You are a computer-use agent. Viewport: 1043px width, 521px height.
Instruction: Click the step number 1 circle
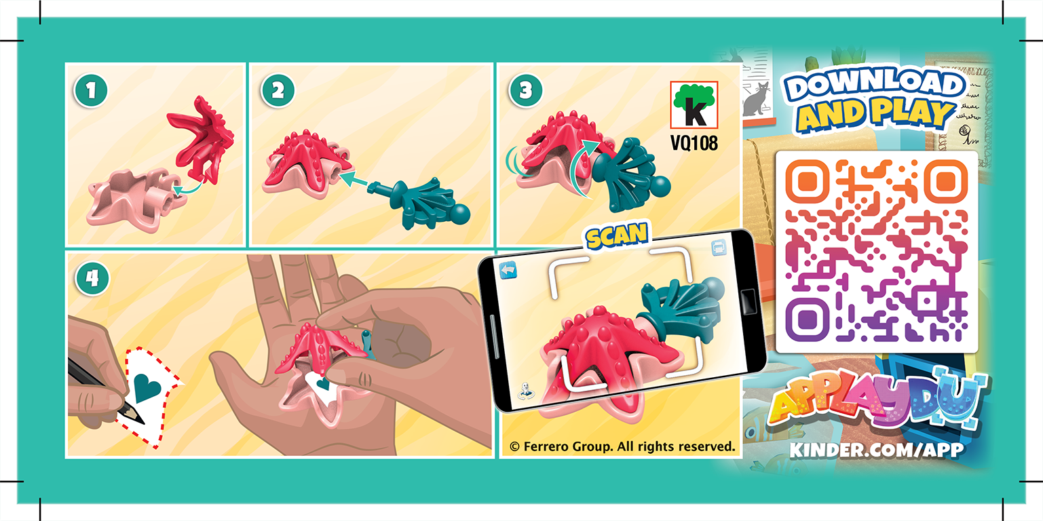click(91, 90)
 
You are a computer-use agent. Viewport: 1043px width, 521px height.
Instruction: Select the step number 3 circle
click(524, 90)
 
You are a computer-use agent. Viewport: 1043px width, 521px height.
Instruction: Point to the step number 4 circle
click(91, 278)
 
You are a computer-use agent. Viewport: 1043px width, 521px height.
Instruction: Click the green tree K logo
click(693, 105)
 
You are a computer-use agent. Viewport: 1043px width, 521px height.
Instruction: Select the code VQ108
click(693, 144)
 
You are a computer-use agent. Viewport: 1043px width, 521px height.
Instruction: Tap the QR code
click(876, 251)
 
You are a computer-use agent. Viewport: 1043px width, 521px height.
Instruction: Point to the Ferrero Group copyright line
click(622, 446)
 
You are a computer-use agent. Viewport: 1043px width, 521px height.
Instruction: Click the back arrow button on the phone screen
click(508, 271)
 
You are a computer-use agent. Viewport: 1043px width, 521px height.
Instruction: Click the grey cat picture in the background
click(756, 99)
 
